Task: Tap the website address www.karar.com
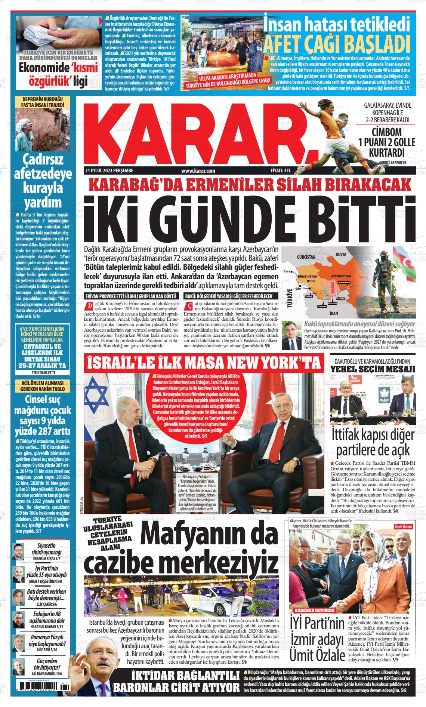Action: click(198, 171)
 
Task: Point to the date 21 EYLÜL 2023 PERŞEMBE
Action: click(109, 171)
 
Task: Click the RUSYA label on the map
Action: click(341, 254)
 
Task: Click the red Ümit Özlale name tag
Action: click(403, 526)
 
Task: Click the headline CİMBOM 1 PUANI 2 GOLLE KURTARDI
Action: click(386, 142)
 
